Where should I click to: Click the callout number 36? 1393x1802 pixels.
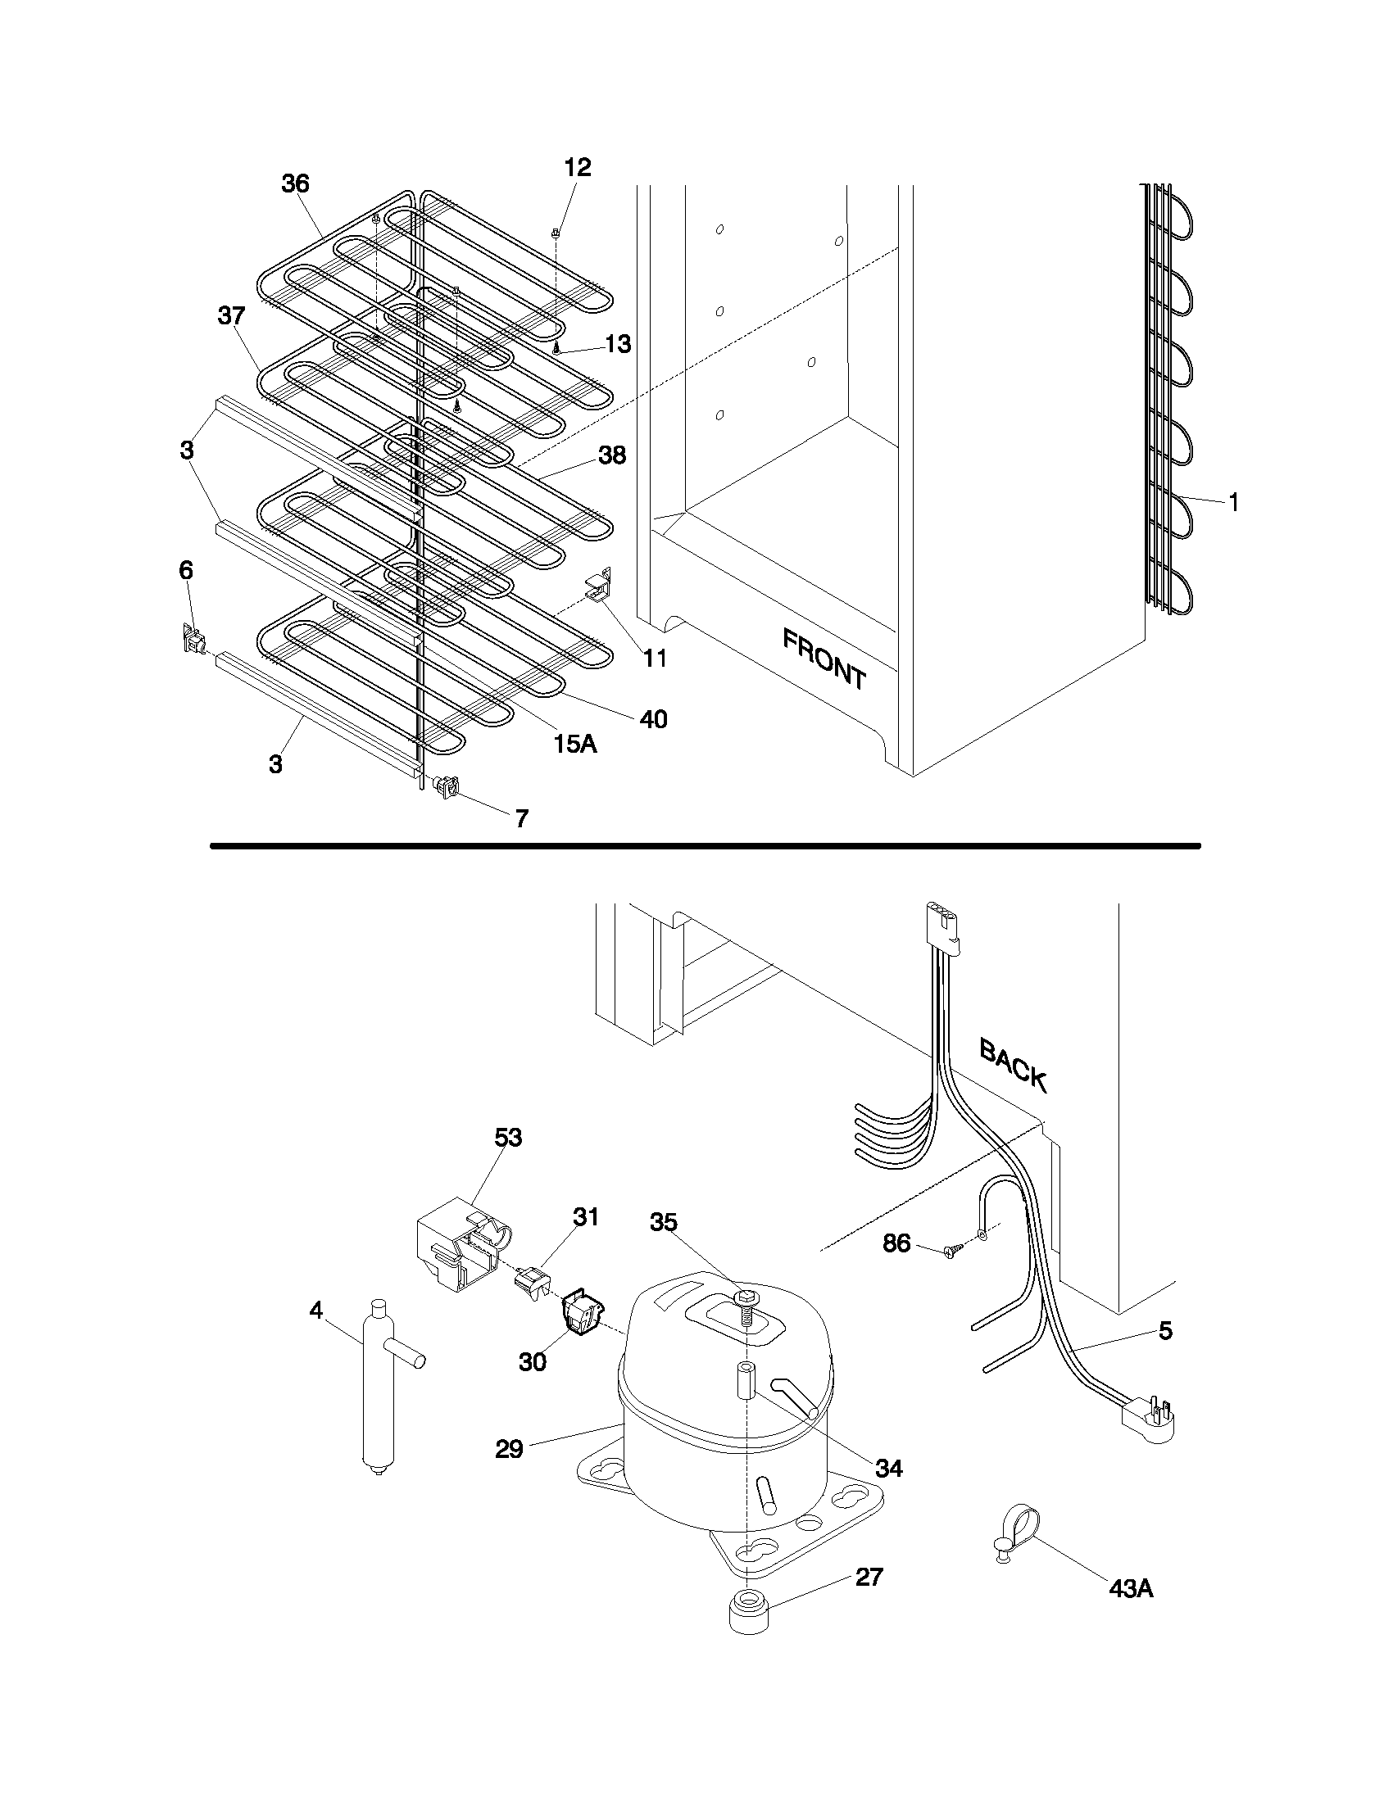coord(295,183)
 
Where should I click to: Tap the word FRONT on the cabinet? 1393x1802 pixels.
coord(824,659)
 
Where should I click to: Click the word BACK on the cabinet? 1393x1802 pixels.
coord(1013,1065)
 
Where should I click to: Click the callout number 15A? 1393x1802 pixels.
coord(575,744)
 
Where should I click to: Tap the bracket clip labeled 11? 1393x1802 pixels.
coord(600,586)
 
